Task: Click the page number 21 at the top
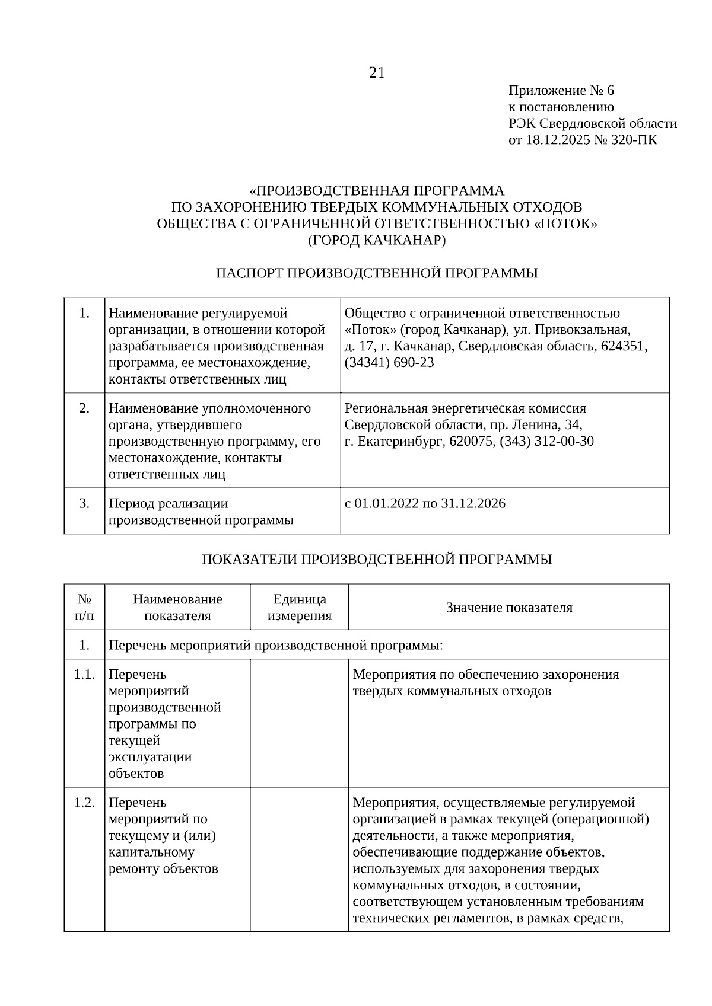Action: [x=377, y=73]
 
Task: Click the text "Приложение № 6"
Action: [x=561, y=91]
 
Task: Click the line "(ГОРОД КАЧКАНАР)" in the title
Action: [x=377, y=240]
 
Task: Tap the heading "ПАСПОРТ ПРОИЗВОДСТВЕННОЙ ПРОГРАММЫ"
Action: [x=377, y=273]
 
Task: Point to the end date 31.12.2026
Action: [x=473, y=504]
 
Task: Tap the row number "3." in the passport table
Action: [x=84, y=504]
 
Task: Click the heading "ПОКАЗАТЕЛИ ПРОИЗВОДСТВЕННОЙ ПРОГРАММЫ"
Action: [x=377, y=560]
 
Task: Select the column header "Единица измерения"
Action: [x=300, y=608]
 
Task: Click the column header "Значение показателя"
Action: [x=509, y=608]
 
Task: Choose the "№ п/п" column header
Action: [x=84, y=608]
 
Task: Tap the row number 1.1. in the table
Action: [x=84, y=675]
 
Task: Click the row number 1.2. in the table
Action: [x=84, y=803]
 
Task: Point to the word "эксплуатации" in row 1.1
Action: [x=150, y=757]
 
